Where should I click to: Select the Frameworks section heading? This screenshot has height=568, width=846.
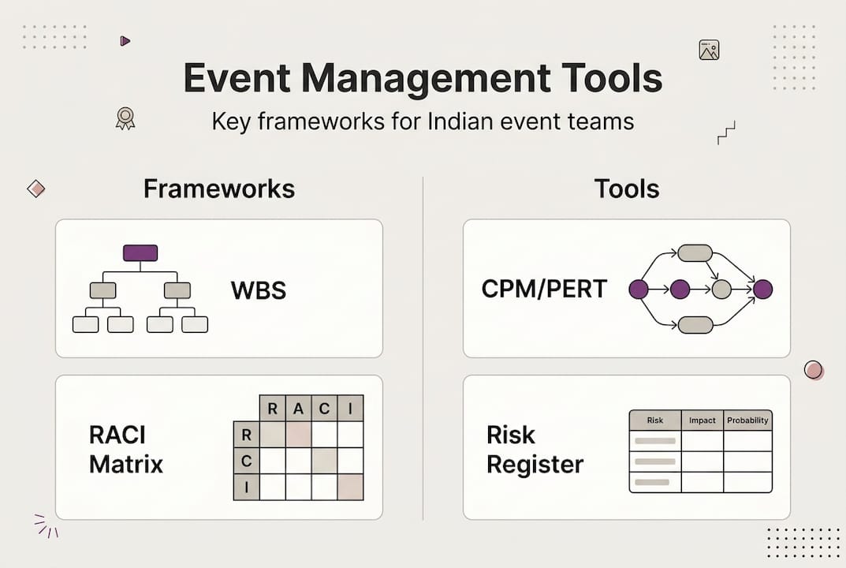click(219, 189)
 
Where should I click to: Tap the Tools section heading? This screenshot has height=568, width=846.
click(626, 189)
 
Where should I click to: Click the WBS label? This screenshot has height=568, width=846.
click(258, 290)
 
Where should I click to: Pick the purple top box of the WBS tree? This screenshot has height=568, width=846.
click(140, 253)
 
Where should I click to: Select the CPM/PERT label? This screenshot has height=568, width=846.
click(544, 290)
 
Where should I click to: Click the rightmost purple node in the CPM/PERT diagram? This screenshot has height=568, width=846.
click(762, 290)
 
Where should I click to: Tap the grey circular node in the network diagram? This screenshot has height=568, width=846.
click(721, 290)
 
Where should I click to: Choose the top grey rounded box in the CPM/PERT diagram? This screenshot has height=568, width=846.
click(695, 253)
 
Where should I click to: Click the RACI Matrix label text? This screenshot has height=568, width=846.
click(126, 449)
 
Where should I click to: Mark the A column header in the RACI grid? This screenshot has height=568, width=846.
click(298, 409)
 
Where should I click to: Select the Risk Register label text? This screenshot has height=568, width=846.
click(535, 449)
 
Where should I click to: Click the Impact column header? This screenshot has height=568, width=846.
click(702, 420)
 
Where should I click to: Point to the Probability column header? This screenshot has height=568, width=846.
click(747, 420)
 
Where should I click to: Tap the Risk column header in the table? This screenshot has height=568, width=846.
click(654, 420)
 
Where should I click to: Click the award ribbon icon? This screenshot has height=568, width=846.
click(125, 118)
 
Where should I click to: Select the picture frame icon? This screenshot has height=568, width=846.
click(709, 50)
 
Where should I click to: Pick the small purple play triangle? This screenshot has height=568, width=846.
click(125, 41)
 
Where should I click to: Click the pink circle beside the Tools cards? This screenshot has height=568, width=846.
click(813, 370)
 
